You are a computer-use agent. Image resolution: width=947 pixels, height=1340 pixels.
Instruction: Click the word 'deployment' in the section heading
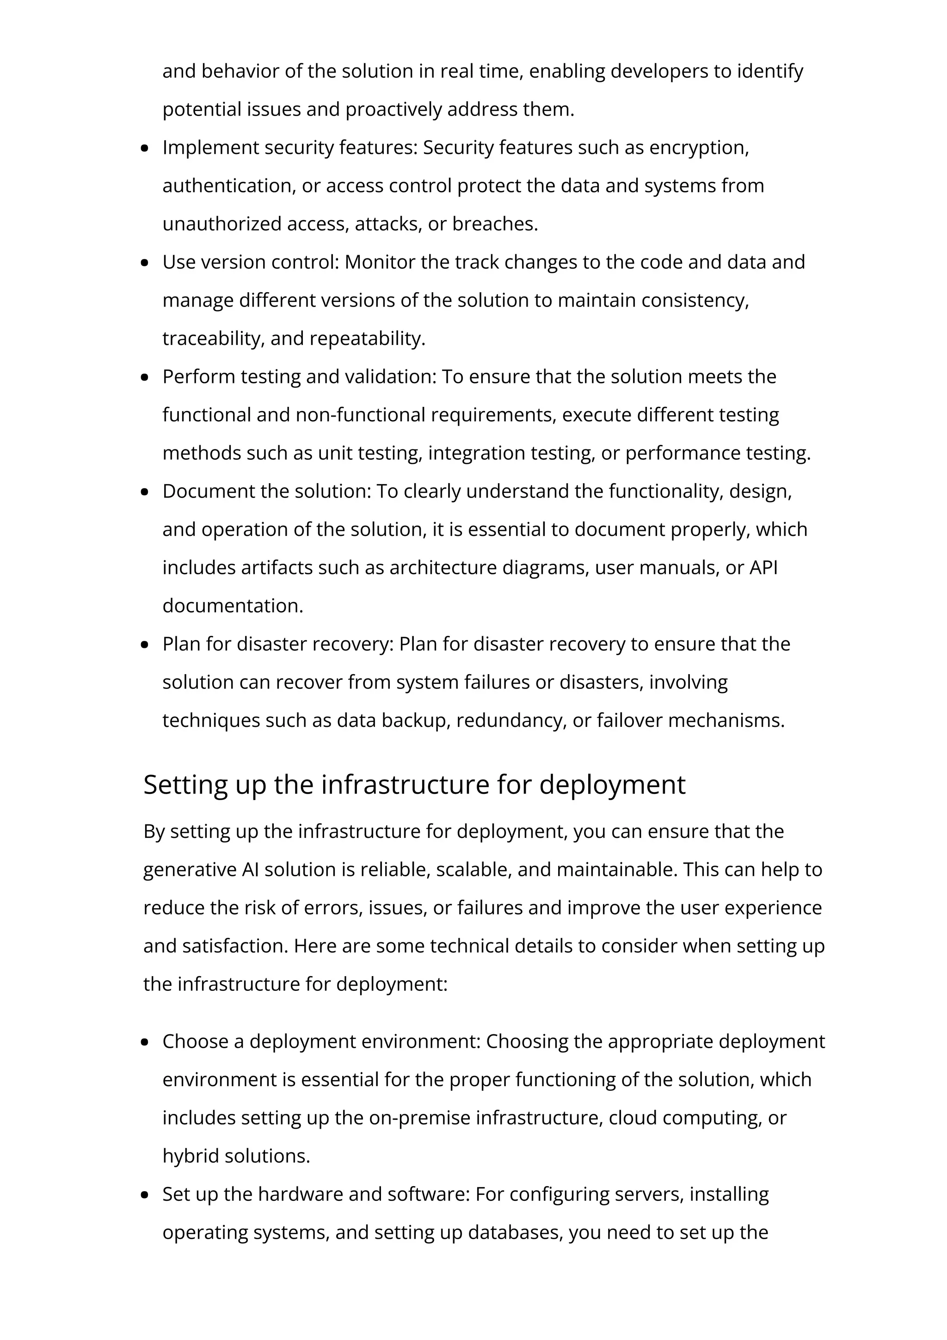tap(612, 784)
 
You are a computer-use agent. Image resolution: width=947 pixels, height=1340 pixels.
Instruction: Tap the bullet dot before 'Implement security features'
tap(145, 148)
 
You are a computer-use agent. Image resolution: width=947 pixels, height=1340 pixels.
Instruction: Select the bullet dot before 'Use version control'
tap(145, 263)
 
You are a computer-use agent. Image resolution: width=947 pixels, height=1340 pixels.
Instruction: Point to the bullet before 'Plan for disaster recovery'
tap(145, 645)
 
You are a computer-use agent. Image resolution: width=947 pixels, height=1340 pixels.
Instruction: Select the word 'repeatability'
tap(367, 338)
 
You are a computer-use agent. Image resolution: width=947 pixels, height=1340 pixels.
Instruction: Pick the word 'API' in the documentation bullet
tap(763, 568)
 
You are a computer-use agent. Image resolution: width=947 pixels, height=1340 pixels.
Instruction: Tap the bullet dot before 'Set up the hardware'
tap(145, 1195)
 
